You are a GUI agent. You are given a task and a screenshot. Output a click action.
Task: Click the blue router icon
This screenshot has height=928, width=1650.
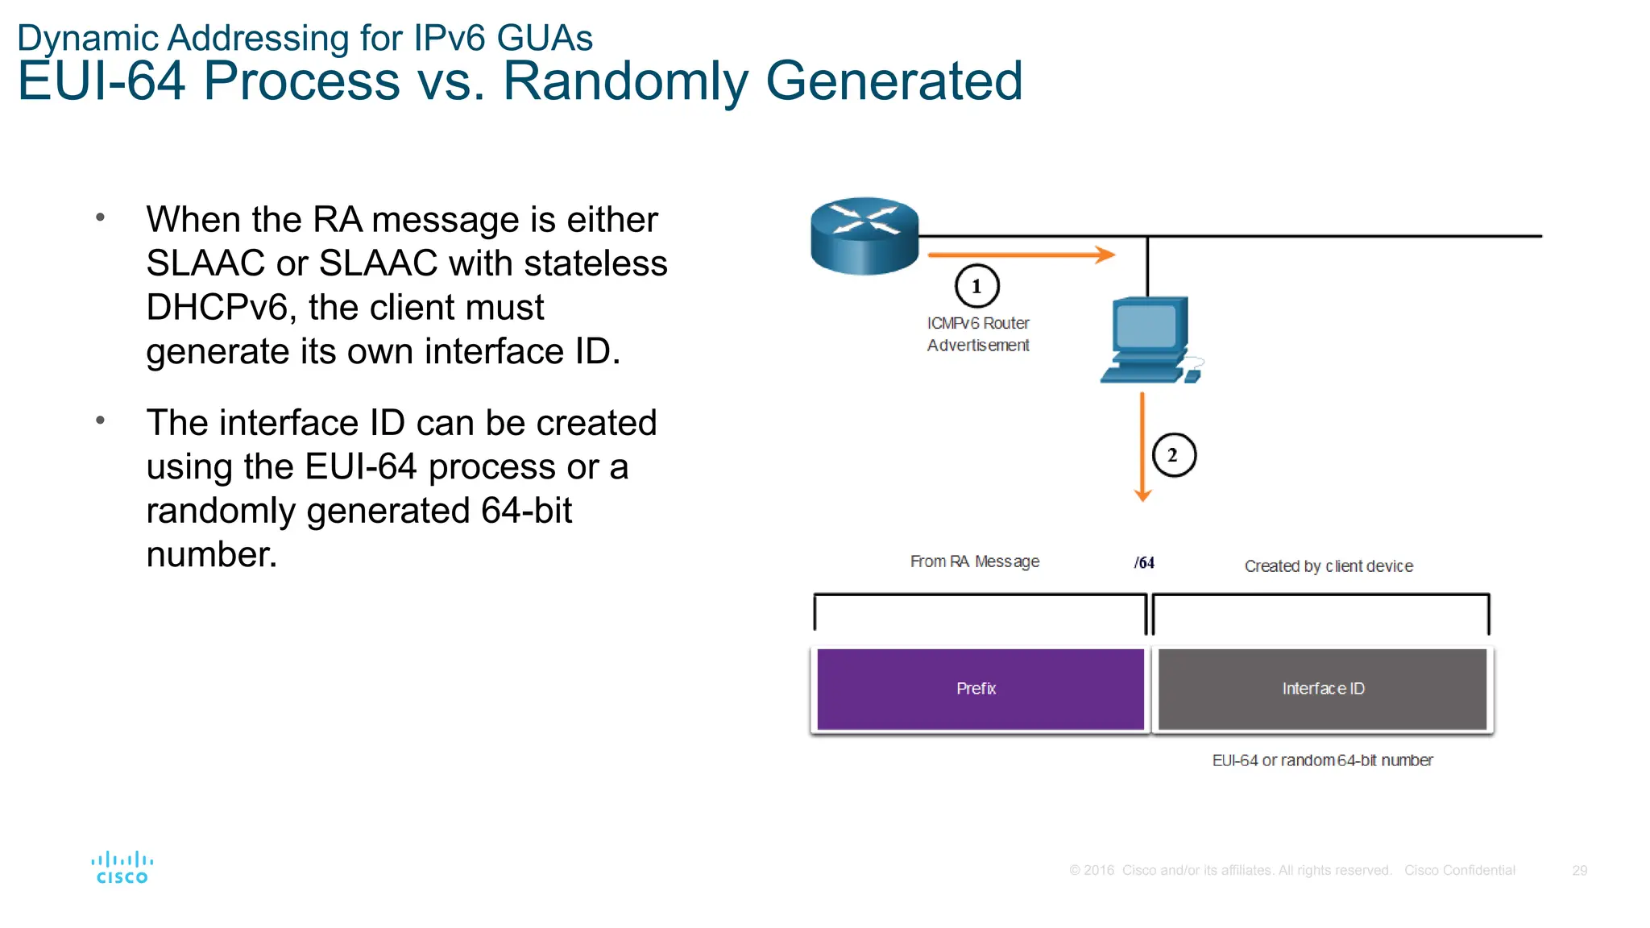point(864,235)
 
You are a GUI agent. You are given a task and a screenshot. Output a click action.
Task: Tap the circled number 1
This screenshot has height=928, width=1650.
point(976,286)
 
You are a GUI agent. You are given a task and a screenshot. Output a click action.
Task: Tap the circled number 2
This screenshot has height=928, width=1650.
point(1173,455)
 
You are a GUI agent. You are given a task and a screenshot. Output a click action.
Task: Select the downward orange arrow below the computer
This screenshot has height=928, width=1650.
point(1142,447)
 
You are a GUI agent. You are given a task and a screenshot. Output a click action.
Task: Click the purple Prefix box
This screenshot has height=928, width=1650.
point(980,689)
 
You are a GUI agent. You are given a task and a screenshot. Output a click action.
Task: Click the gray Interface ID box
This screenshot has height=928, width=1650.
point(1322,689)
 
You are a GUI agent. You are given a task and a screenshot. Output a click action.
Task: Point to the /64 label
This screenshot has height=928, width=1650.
point(1144,563)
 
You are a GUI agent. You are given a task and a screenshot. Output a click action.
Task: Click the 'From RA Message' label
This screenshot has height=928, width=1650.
point(974,561)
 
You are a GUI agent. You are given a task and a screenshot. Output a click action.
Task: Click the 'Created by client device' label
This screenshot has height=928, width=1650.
point(1328,566)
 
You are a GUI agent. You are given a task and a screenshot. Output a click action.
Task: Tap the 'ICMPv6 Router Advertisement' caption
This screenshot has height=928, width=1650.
point(977,334)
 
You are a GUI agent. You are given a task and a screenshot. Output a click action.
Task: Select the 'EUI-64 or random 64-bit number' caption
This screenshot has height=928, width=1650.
point(1322,760)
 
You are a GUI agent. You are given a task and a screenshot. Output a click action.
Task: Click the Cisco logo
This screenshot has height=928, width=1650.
point(122,868)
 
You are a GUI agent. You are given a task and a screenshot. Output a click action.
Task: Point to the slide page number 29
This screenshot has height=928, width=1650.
point(1579,871)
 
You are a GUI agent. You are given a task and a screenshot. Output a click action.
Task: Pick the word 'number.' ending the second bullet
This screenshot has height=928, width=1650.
point(211,555)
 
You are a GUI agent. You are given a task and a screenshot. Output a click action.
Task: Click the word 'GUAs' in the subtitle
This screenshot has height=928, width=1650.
point(545,38)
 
